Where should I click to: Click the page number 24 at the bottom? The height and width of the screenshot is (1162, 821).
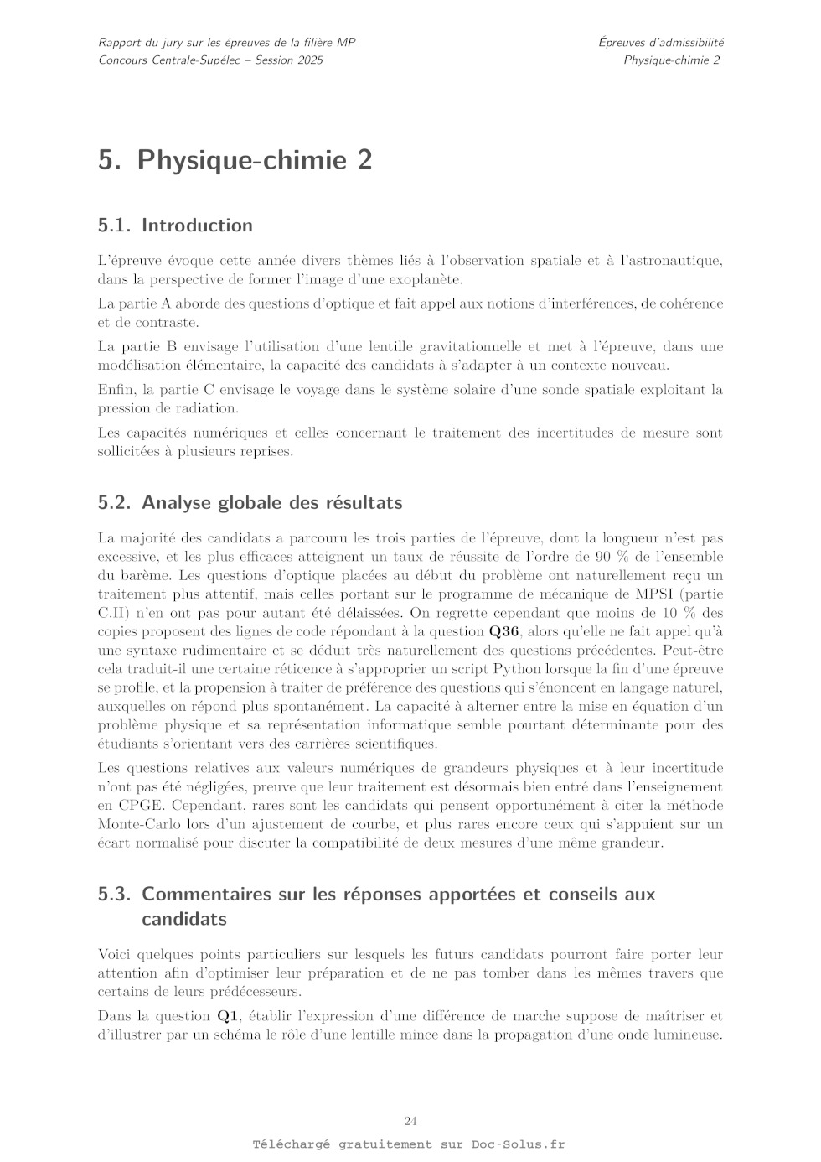pos(410,1121)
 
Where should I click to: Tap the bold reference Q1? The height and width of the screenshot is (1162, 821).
pos(228,1016)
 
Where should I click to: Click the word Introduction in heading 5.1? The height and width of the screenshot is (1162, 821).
pos(197,226)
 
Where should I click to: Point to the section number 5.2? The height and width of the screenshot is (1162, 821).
pos(115,503)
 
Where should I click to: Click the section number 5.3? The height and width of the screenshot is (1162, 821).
pos(115,894)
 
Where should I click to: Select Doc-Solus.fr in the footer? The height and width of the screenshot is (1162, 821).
pos(518,1144)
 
